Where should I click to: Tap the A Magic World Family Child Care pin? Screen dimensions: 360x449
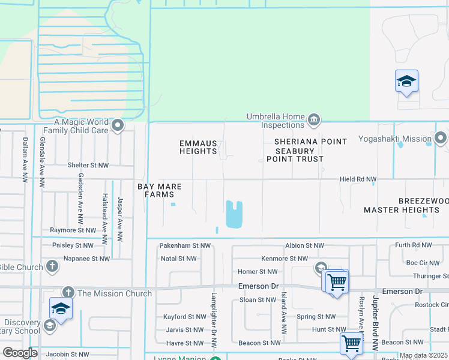pyautogui.click(x=118, y=125)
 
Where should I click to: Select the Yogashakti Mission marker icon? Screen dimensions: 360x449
pyautogui.click(x=441, y=139)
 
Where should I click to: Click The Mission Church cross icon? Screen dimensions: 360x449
pyautogui.click(x=67, y=292)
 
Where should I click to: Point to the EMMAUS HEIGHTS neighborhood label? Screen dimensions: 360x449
pyautogui.click(x=198, y=147)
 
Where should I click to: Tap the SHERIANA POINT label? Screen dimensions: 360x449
pyautogui.click(x=310, y=142)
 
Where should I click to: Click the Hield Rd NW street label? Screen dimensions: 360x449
pyautogui.click(x=358, y=179)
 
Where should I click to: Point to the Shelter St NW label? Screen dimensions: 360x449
pyautogui.click(x=88, y=165)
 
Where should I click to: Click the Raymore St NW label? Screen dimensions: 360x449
pyautogui.click(x=73, y=230)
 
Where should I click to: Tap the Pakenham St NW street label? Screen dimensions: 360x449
pyautogui.click(x=185, y=245)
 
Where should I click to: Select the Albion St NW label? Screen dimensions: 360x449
pyautogui.click(x=304, y=245)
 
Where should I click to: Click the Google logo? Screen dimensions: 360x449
pyautogui.click(x=20, y=353)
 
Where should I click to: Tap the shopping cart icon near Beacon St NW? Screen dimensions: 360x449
pyautogui.click(x=351, y=344)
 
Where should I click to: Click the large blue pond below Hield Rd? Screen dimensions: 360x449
pyautogui.click(x=234, y=214)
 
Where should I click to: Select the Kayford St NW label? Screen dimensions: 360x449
pyautogui.click(x=184, y=317)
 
